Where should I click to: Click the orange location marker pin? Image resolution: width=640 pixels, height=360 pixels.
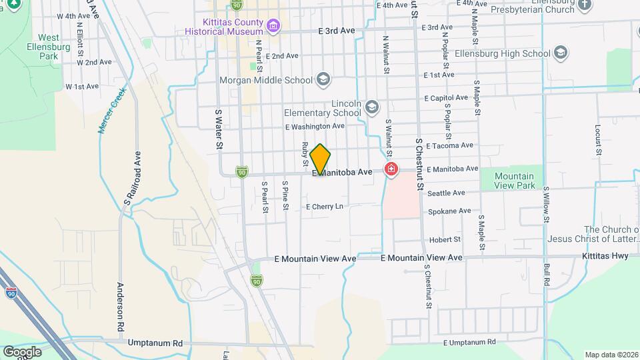[x=320, y=159]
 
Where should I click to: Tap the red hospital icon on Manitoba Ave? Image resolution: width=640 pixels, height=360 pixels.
[x=390, y=171]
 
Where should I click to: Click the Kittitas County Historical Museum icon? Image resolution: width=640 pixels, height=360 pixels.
[x=272, y=27]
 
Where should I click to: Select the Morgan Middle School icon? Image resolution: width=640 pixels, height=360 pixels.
[x=323, y=80]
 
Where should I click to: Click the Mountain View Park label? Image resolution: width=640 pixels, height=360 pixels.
[x=514, y=181]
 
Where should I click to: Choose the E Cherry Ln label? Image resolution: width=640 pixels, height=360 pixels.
[x=324, y=207]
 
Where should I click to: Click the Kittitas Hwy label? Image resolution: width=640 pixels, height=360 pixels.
[x=604, y=255]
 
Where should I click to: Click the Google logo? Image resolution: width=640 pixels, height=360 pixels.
[x=21, y=352]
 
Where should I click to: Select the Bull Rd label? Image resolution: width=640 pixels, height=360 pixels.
[x=546, y=273]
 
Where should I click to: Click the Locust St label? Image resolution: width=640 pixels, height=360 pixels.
[x=598, y=143]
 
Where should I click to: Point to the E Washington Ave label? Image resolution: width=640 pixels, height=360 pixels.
[x=315, y=126]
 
